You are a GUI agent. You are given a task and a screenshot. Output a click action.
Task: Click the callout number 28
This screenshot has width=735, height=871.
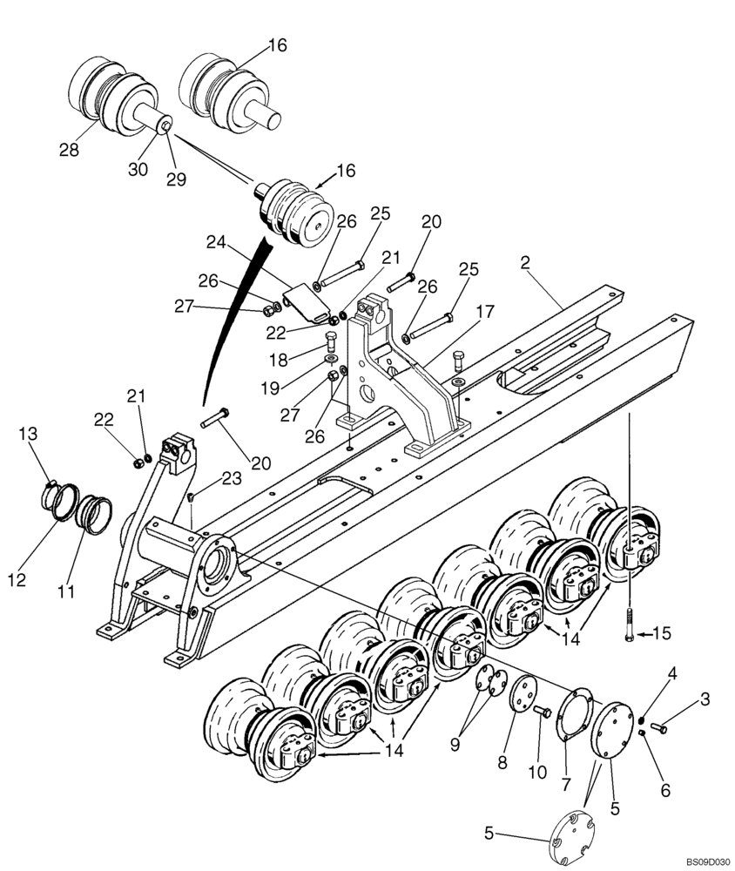coord(70,150)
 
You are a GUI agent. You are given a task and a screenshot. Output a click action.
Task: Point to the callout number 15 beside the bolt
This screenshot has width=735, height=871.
coord(663,634)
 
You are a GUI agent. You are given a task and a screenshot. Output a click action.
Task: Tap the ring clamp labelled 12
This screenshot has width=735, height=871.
coord(56,502)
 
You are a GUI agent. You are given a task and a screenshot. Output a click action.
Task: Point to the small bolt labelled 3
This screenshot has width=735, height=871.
coord(660,722)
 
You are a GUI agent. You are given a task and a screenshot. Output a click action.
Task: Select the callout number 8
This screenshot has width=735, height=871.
coord(502,762)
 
